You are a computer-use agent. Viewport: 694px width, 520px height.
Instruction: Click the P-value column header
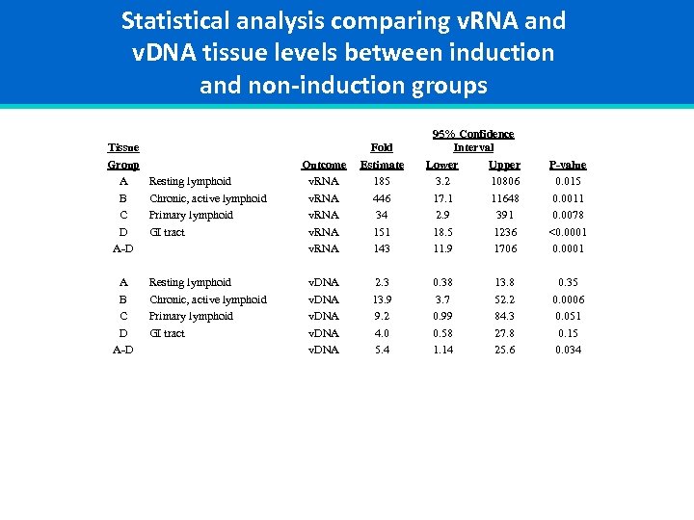567,165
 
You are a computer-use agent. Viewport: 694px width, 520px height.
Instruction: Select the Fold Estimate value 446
382,198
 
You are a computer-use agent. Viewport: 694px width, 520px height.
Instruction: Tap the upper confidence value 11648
504,198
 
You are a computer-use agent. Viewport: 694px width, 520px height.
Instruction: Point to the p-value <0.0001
567,232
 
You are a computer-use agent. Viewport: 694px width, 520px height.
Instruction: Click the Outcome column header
323,165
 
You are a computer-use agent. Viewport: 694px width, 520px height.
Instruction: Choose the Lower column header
442,165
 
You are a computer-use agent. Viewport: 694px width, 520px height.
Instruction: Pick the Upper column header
504,165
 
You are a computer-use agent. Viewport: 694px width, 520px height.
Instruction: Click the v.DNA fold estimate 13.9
382,299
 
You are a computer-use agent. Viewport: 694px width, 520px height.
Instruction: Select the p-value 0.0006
567,299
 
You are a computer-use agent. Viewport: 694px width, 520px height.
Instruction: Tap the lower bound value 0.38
442,283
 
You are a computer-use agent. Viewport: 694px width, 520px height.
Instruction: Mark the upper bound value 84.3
504,316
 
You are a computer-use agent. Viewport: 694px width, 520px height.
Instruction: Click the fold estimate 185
382,181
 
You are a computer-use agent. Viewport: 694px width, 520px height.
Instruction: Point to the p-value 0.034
567,350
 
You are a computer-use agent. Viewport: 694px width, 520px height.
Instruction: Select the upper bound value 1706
504,248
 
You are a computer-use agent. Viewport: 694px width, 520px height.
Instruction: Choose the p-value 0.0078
567,215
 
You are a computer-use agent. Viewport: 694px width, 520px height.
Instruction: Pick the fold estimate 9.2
382,316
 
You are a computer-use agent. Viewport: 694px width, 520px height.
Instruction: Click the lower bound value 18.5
442,232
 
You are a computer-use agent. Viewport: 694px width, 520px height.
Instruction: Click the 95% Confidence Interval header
472,141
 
